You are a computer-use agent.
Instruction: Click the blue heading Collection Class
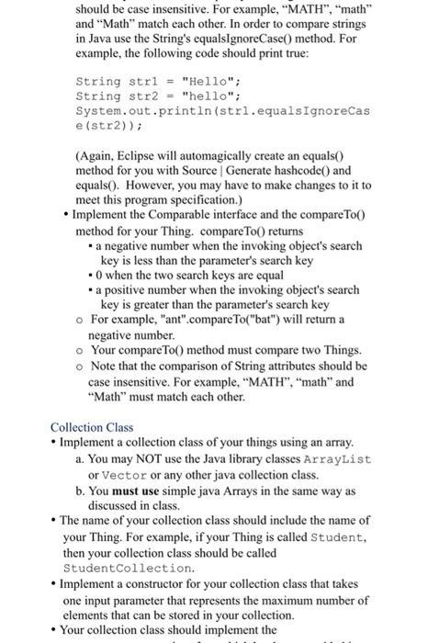pyautogui.click(x=91, y=427)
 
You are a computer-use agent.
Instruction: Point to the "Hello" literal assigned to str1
pyautogui.click(x=211, y=81)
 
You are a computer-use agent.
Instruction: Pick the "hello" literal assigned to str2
pyautogui.click(x=211, y=95)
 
